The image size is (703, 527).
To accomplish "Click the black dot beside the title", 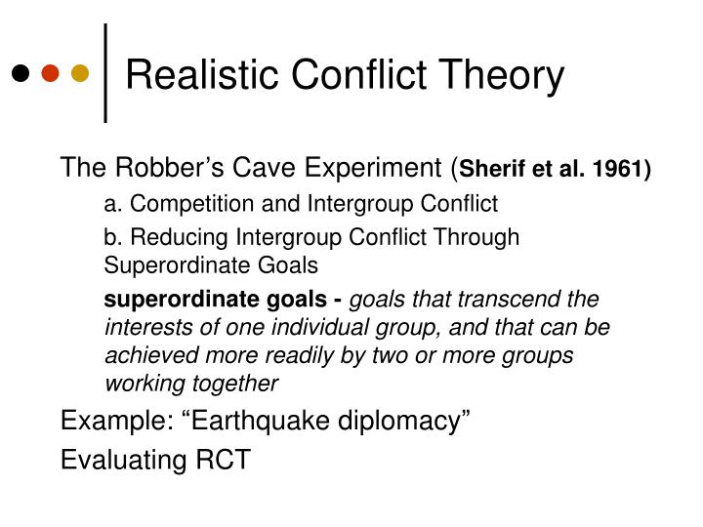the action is [x=21, y=73].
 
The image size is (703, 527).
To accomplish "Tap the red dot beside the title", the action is [x=50, y=73].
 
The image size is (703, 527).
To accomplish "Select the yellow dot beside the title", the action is [x=80, y=73].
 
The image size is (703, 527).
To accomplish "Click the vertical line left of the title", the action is [x=105, y=73].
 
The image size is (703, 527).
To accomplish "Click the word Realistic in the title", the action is [x=202, y=74].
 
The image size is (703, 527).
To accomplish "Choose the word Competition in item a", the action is [x=192, y=204].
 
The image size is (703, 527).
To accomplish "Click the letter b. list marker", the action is [x=113, y=236].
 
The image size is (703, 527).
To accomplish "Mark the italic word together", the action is [x=234, y=385].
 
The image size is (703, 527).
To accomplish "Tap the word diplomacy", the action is [x=399, y=423].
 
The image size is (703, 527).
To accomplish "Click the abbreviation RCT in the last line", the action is [x=223, y=460].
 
